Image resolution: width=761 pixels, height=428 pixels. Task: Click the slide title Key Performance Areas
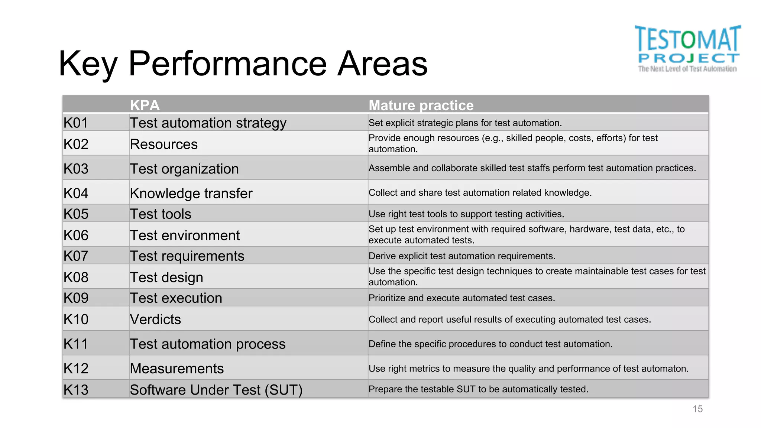[243, 64]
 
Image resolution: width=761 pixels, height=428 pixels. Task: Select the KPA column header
[145, 105]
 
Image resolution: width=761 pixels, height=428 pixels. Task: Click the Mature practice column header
[421, 105]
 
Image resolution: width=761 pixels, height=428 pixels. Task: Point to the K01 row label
[76, 123]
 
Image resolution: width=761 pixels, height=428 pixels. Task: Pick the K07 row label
[76, 256]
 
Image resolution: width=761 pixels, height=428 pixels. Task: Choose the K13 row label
[76, 390]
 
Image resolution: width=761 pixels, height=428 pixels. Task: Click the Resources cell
[163, 144]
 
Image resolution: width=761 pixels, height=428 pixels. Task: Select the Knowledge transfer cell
[191, 193]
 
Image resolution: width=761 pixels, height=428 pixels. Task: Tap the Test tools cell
[161, 214]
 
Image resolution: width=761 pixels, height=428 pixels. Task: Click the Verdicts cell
[155, 320]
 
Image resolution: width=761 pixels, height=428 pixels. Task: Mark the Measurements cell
[177, 369]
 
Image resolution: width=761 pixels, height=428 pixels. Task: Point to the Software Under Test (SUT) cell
[216, 390]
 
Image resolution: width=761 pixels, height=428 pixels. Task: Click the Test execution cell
[176, 298]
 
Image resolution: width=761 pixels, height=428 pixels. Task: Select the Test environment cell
[185, 235]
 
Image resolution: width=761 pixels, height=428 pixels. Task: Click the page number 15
[697, 409]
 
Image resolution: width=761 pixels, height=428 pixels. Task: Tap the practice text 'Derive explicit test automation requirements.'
[462, 256]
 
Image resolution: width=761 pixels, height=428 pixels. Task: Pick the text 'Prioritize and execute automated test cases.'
[462, 298]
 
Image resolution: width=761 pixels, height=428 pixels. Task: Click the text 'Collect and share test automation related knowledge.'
[480, 193]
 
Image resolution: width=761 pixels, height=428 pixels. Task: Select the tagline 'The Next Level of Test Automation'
[687, 69]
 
